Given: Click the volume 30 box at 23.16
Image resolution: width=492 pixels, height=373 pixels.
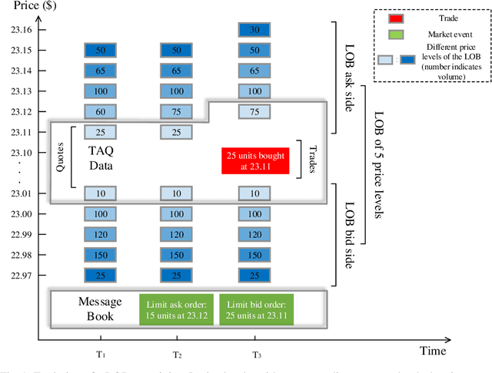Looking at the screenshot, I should [x=254, y=30].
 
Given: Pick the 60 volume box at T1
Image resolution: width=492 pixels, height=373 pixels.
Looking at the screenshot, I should [x=100, y=111].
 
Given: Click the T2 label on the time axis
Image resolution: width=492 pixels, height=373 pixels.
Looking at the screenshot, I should [x=176, y=355].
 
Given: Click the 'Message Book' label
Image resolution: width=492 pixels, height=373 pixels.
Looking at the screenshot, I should [x=95, y=308].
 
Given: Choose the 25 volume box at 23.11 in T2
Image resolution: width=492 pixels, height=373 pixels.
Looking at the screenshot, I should [x=176, y=132].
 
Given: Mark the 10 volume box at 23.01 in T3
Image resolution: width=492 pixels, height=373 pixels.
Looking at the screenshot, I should [x=254, y=193].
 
